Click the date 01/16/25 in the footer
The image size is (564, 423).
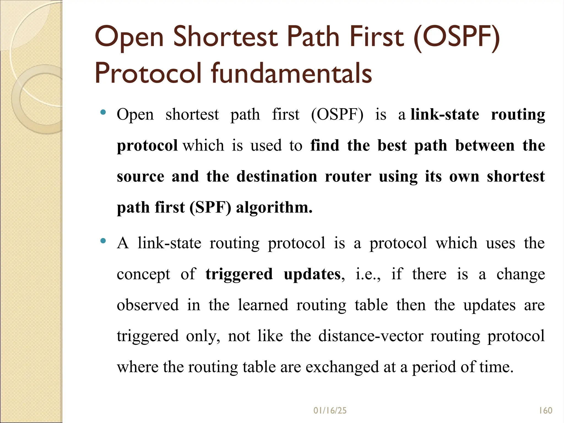click(x=330, y=411)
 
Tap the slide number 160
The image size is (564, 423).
click(x=546, y=411)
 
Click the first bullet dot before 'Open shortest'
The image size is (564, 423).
click(x=103, y=112)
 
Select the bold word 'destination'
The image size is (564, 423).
click(x=277, y=176)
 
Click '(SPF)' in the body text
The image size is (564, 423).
click(x=210, y=207)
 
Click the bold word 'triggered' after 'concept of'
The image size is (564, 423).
click(x=239, y=275)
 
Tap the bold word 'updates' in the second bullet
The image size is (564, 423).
click(x=312, y=275)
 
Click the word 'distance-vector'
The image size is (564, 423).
click(x=371, y=336)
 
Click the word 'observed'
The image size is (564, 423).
click(x=148, y=305)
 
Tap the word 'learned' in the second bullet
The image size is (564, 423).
click(x=263, y=305)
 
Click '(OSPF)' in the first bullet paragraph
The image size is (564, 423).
click(x=337, y=115)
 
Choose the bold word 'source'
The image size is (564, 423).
click(x=140, y=177)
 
